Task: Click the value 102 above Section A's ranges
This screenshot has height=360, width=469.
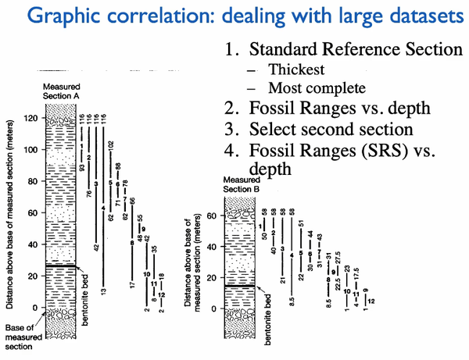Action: tap(111, 146)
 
